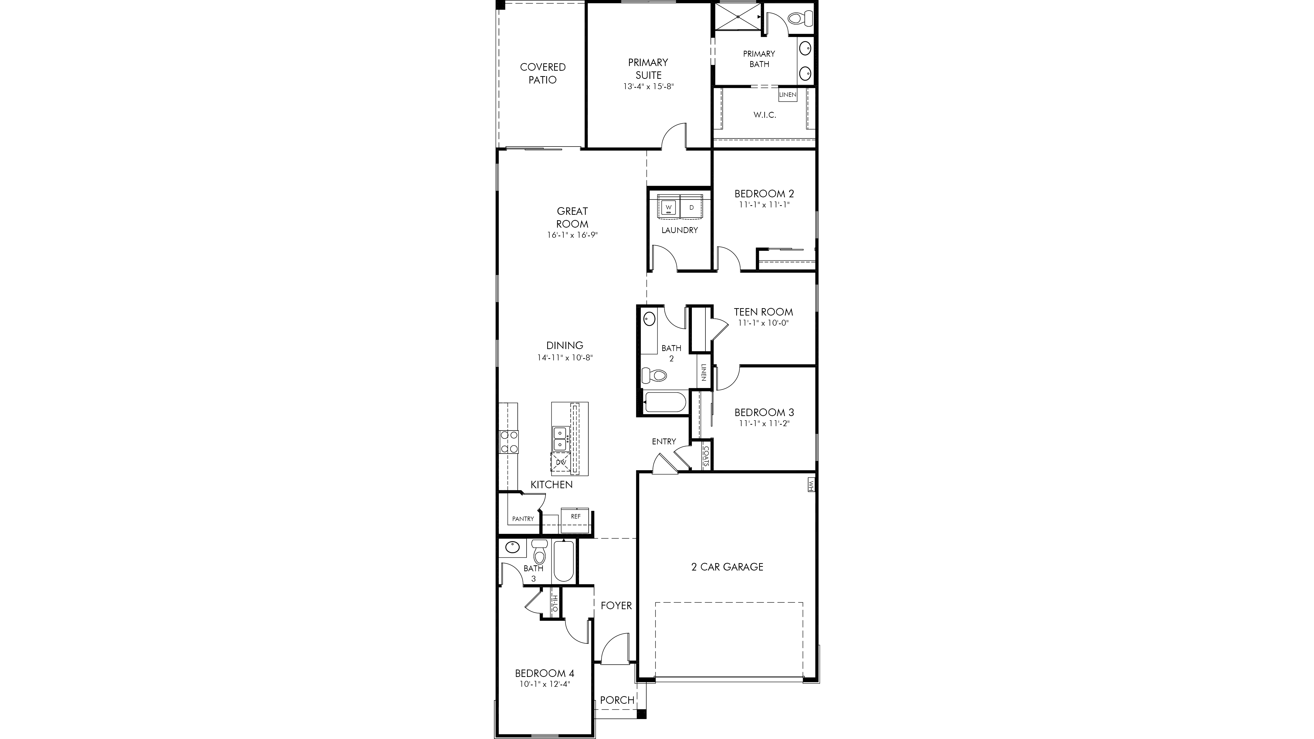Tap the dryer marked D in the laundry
692,207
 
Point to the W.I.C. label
765,115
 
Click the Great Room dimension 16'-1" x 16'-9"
572,235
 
